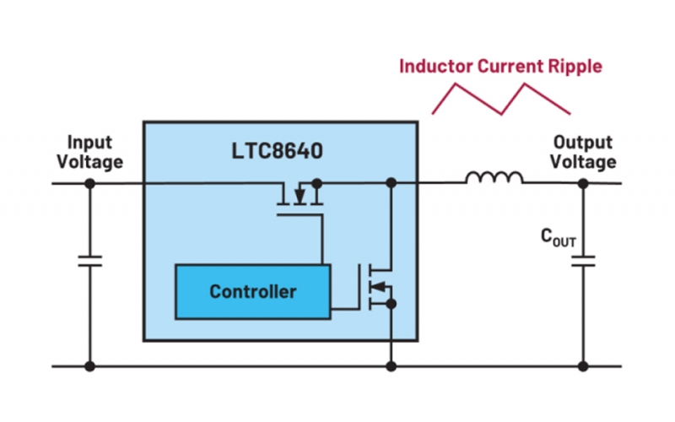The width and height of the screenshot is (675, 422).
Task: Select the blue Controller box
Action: [253, 292]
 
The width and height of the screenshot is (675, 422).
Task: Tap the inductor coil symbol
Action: [494, 178]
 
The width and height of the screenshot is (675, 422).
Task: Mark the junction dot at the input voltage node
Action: [89, 182]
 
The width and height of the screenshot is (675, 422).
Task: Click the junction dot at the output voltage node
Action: [583, 182]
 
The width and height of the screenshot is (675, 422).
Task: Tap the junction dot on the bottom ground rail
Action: [391, 366]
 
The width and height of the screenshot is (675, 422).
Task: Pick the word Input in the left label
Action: [89, 142]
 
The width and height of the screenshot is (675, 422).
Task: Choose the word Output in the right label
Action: [584, 142]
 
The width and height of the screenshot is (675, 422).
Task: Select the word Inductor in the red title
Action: [433, 65]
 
